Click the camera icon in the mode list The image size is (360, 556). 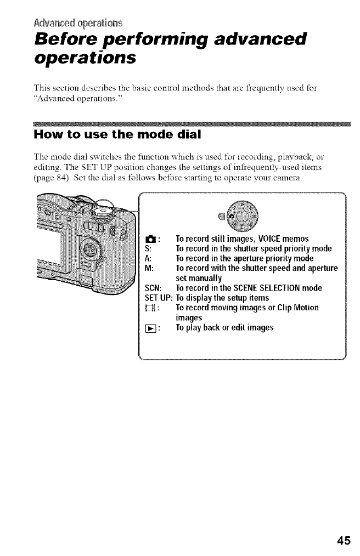click(149, 239)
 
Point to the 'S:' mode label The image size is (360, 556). click(147, 248)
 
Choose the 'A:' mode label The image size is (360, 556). click(147, 258)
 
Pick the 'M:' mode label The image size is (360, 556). click(148, 268)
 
